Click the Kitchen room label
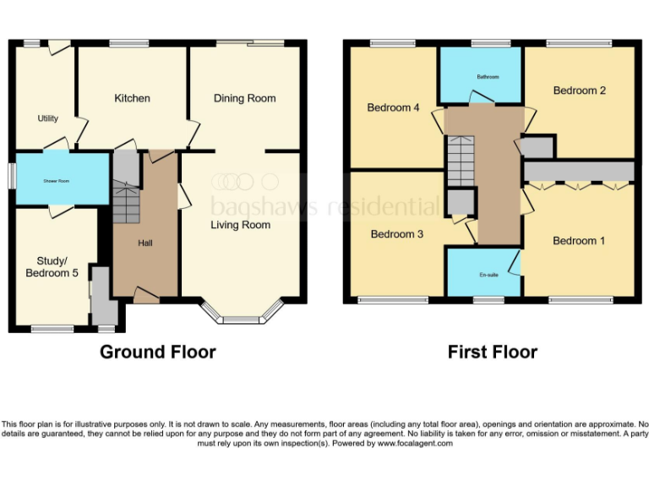pyautogui.click(x=132, y=98)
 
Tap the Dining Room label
pyautogui.click(x=244, y=98)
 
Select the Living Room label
pyautogui.click(x=241, y=225)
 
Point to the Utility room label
pyautogui.click(x=47, y=118)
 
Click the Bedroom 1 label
pyautogui.click(x=579, y=241)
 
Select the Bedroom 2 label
pyautogui.click(x=579, y=90)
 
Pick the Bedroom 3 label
pyautogui.click(x=396, y=234)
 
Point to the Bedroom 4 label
pyautogui.click(x=393, y=107)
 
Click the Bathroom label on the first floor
pyautogui.click(x=487, y=77)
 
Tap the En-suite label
pyautogui.click(x=488, y=275)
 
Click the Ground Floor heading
pyautogui.click(x=158, y=352)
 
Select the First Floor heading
pyautogui.click(x=493, y=352)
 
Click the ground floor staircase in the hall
pyautogui.click(x=124, y=203)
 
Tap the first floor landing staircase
pyautogui.click(x=461, y=162)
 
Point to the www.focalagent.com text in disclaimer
pyautogui.click(x=414, y=443)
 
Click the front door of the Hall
pyautogui.click(x=145, y=295)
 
